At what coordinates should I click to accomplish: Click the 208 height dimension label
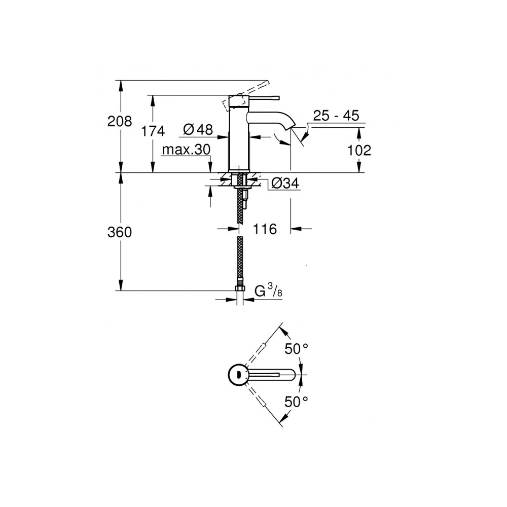pos(120,121)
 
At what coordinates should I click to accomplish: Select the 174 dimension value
pos(153,131)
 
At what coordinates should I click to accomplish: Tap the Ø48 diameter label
pos(198,130)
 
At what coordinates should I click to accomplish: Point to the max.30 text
pos(186,150)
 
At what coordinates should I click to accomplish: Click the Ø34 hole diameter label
pos(285,184)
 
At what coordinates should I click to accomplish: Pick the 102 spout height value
pos(359,150)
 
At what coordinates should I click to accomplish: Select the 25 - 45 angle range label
pos(336,116)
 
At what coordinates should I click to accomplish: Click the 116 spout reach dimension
pos(265,229)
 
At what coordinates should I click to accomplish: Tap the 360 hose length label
pos(120,232)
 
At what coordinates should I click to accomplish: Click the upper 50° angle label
pos(296,349)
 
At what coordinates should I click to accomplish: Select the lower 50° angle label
pos(296,402)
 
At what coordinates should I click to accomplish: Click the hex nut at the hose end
pos(240,288)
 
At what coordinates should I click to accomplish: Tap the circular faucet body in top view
pos(239,375)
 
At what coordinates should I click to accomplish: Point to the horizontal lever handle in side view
pos(264,97)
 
